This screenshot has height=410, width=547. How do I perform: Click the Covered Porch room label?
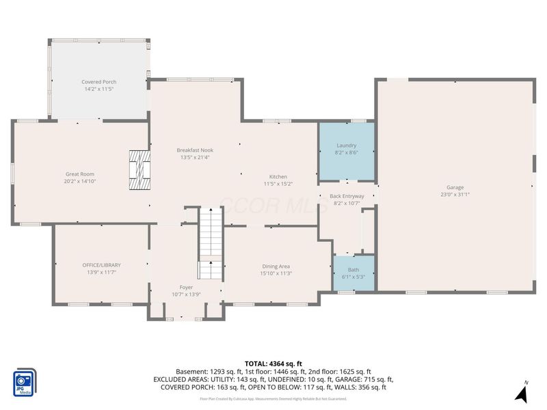99,82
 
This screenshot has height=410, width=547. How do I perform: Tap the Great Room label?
79,174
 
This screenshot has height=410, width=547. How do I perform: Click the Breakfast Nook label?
195,150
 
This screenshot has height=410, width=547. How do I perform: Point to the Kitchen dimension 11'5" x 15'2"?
278,184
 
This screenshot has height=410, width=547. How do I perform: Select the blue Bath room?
353,273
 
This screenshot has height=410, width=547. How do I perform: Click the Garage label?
455,187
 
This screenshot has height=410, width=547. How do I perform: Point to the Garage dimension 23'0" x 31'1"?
455,195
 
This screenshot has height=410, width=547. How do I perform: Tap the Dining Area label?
276,266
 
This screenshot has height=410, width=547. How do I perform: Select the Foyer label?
186,287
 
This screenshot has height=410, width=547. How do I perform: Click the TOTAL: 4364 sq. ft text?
273,364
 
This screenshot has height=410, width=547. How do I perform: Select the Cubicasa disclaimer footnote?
273,398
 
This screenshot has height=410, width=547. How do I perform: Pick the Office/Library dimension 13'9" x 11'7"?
101,272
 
